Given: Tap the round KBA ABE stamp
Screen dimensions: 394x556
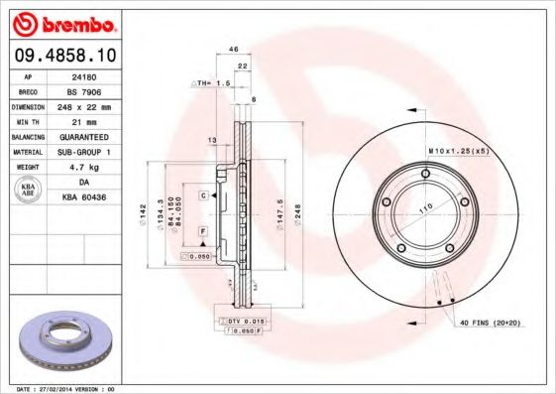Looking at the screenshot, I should [28, 191].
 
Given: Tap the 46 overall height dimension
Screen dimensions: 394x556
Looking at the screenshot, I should [234, 49].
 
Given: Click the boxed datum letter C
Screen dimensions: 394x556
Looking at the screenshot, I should [203, 197].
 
